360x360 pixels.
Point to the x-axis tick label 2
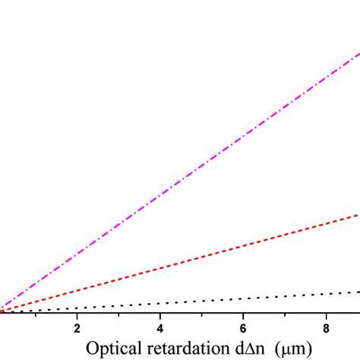coord(77,327)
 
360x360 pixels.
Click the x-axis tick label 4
coord(160,327)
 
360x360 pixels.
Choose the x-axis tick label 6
coord(243,327)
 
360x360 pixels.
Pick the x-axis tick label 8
coord(327,327)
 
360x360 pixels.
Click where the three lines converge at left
coord(2,311)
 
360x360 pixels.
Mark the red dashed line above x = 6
coord(243,246)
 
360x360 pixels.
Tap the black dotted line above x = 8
coord(327,294)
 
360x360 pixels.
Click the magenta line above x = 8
coord(327,78)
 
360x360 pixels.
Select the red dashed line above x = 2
coord(77,291)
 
